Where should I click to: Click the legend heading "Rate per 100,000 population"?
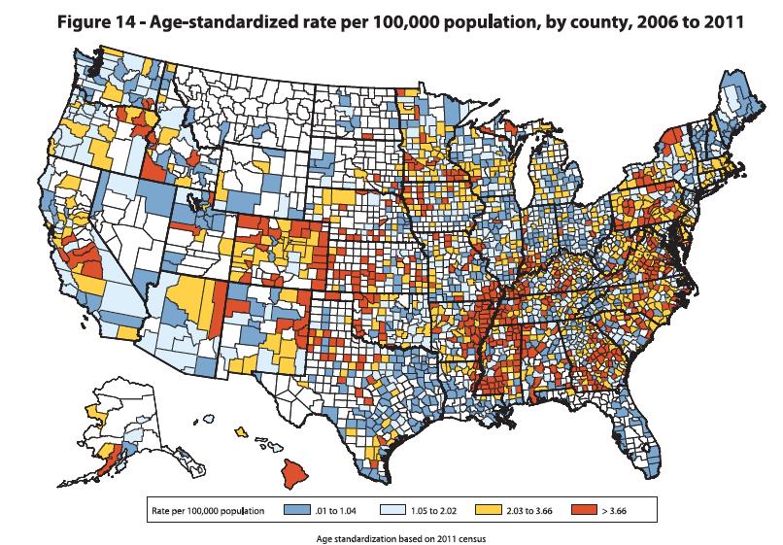pyautogui.click(x=207, y=509)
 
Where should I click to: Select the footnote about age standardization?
pyautogui.click(x=391, y=534)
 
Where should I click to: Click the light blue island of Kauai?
pyautogui.click(x=210, y=420)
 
